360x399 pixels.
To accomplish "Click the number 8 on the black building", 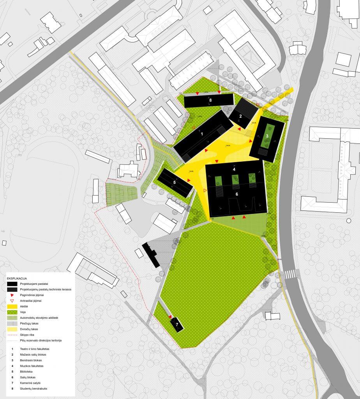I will point(210,101).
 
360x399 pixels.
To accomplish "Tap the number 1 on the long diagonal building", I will point(202,134).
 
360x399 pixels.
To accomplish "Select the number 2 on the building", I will point(240,116).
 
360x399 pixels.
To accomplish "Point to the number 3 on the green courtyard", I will point(267,136).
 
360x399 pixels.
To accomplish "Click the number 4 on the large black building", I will point(234,169).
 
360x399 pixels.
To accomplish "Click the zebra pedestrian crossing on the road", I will point(290,274).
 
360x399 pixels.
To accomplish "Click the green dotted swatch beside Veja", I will point(12,312).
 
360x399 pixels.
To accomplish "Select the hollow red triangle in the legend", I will point(12,301).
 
